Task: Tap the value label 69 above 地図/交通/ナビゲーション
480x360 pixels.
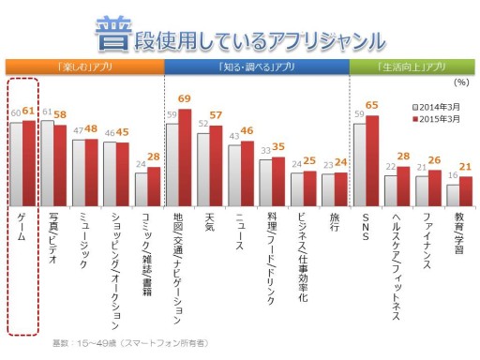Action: click(185, 98)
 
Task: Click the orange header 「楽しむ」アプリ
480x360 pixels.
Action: click(84, 67)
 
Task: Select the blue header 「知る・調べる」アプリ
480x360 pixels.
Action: click(256, 67)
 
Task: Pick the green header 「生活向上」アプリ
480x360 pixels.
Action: click(411, 67)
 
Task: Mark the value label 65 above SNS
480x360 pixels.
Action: click(373, 106)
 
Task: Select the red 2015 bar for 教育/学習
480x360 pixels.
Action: click(466, 190)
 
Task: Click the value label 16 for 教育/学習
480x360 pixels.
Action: click(452, 175)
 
